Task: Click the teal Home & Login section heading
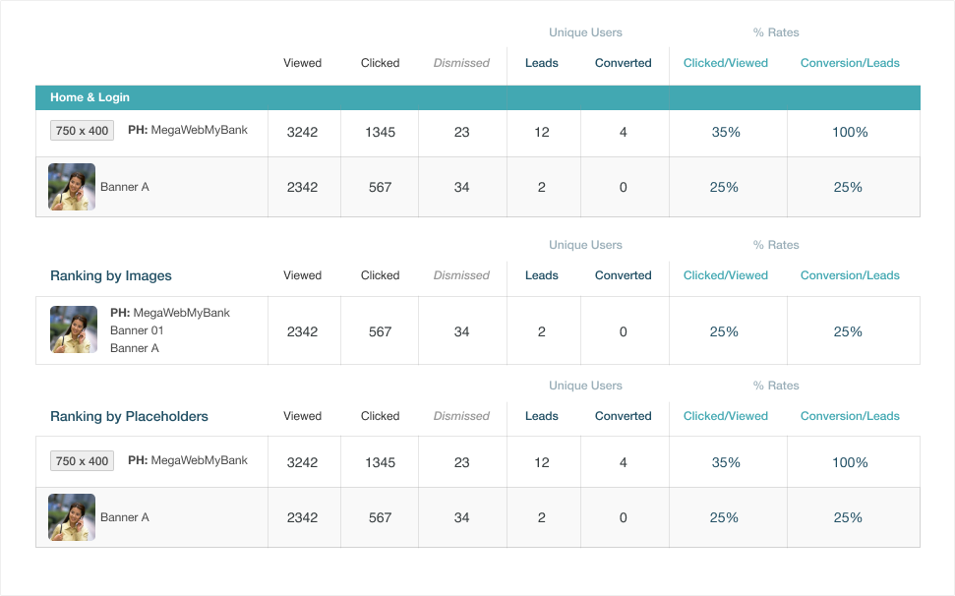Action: point(90,97)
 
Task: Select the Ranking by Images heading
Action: point(111,275)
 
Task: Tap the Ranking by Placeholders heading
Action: point(129,416)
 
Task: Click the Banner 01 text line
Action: point(137,330)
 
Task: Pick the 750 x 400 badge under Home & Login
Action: point(82,130)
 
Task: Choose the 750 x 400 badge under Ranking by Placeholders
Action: point(82,461)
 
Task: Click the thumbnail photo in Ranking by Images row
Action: point(74,329)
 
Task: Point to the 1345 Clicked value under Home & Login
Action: point(380,132)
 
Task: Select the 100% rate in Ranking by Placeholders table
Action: point(850,462)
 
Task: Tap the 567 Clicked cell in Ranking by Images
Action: point(380,331)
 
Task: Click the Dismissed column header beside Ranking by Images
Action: point(461,275)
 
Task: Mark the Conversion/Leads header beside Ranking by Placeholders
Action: point(850,416)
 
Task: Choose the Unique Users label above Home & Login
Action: point(585,32)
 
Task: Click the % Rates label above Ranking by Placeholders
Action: point(776,386)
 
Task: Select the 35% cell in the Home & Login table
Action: point(726,132)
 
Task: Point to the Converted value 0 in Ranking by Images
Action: point(624,331)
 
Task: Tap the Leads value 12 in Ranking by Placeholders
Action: point(542,462)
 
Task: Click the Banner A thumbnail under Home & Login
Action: point(72,187)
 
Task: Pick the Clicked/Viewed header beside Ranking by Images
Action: point(726,275)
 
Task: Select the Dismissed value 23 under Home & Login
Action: point(461,132)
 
